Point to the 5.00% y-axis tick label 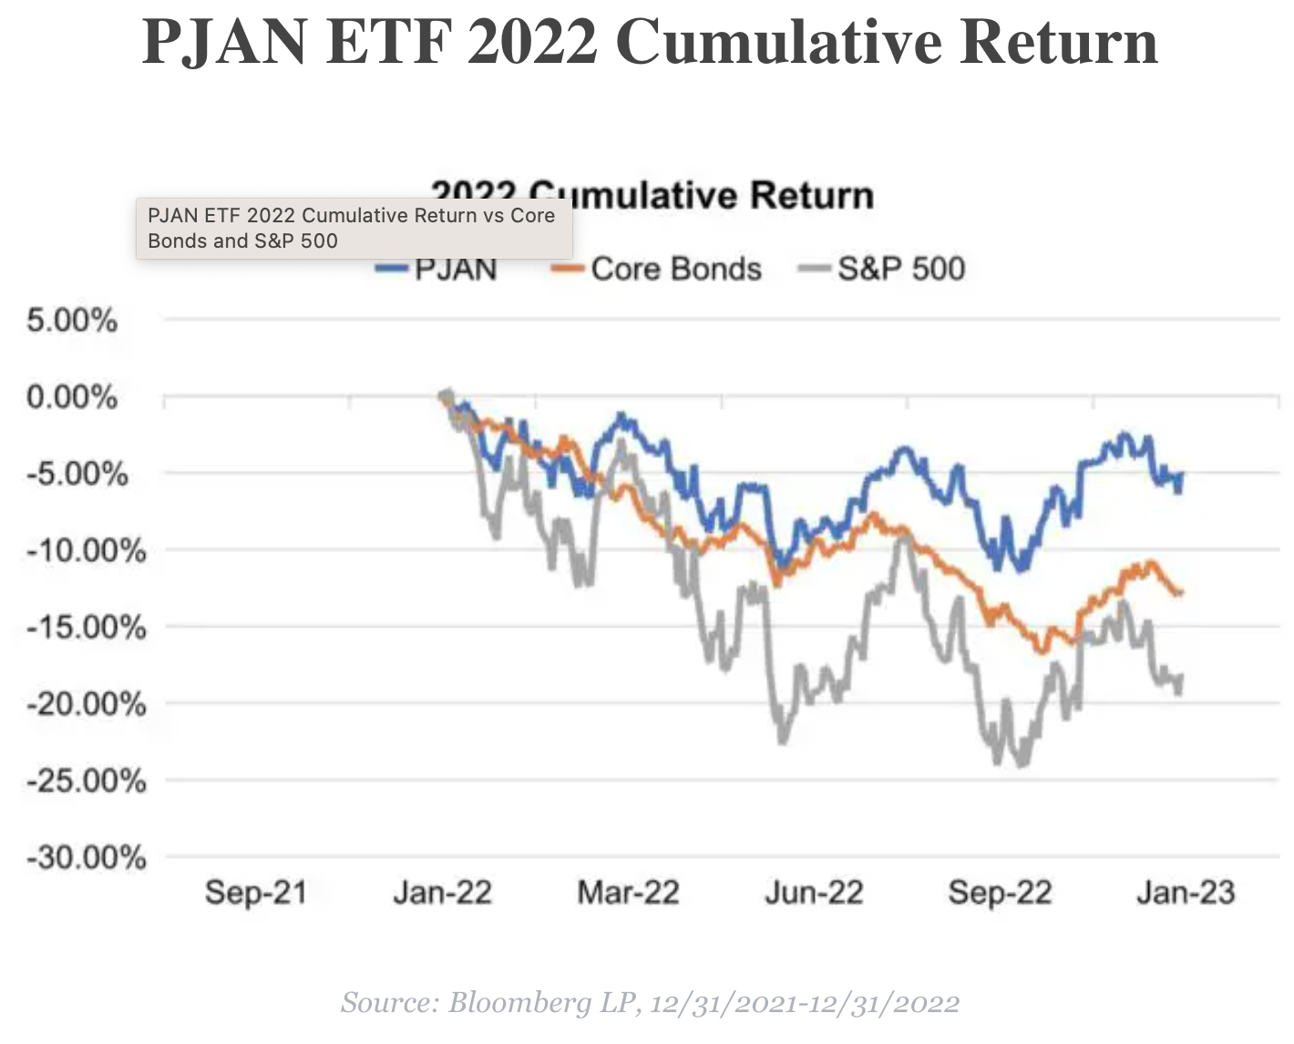pyautogui.click(x=72, y=321)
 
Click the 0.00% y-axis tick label pyautogui.click(x=72, y=397)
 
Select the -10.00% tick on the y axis pyautogui.click(x=86, y=550)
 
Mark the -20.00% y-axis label pyautogui.click(x=86, y=703)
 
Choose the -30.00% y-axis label pyautogui.click(x=86, y=857)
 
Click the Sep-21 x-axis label pyautogui.click(x=255, y=892)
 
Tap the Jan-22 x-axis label pyautogui.click(x=442, y=892)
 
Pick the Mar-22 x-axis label pyautogui.click(x=628, y=892)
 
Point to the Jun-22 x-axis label pyautogui.click(x=814, y=892)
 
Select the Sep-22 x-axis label pyautogui.click(x=1000, y=892)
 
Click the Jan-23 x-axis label pyautogui.click(x=1186, y=892)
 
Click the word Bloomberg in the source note pyautogui.click(x=519, y=1003)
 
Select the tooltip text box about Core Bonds pyautogui.click(x=354, y=229)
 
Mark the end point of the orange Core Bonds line pyautogui.click(x=1181, y=592)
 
